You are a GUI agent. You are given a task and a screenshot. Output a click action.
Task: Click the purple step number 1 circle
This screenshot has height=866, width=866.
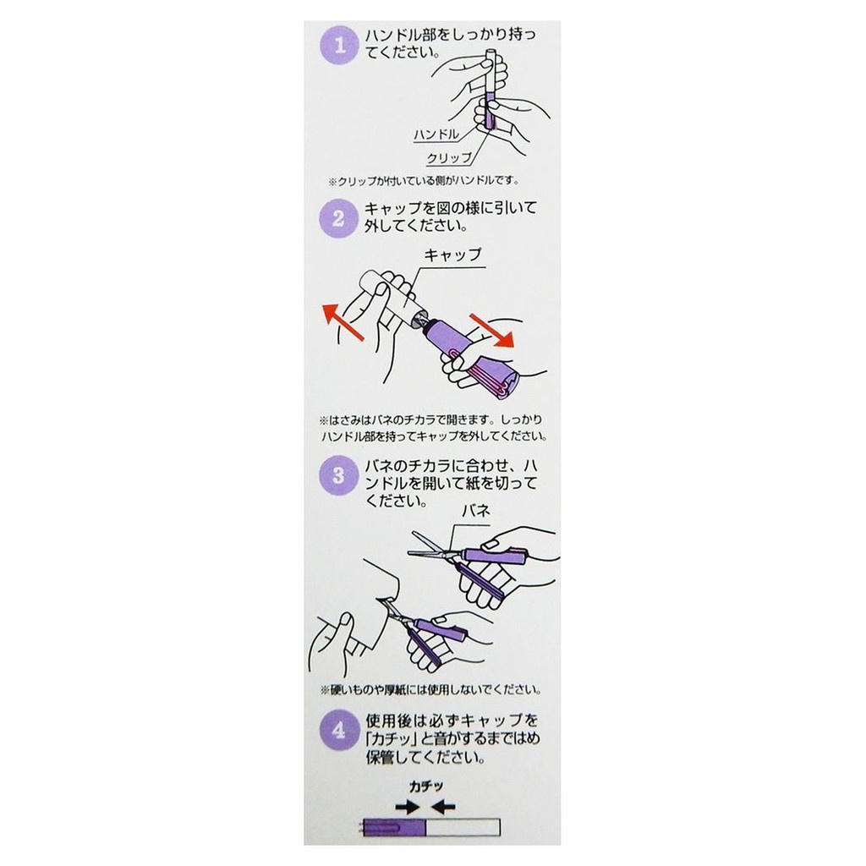(x=340, y=45)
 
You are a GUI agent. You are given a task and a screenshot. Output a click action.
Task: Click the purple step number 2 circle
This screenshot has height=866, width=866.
(x=339, y=217)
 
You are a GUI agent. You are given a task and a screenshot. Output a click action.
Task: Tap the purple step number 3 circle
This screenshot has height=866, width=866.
(x=339, y=475)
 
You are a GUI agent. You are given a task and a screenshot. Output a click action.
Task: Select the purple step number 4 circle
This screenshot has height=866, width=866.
(x=339, y=730)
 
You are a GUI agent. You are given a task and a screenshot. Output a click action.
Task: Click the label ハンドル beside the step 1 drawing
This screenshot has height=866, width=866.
(x=436, y=134)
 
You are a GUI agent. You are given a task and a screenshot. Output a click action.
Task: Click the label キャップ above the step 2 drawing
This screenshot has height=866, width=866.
(x=453, y=255)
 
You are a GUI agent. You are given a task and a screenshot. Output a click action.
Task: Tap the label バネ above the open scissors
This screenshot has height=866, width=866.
(x=476, y=510)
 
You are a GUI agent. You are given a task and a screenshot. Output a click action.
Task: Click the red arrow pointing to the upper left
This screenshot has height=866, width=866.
(x=343, y=321)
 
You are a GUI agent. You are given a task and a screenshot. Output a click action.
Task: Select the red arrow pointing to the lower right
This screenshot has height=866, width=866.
(x=491, y=331)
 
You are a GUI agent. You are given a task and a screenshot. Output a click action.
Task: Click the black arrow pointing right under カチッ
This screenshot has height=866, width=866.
(x=408, y=807)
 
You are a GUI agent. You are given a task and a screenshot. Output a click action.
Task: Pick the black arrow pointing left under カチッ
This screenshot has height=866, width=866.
(x=443, y=807)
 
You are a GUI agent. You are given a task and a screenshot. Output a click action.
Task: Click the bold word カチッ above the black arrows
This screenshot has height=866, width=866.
(x=426, y=787)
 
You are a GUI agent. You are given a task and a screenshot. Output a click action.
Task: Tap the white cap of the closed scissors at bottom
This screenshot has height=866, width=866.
(x=463, y=827)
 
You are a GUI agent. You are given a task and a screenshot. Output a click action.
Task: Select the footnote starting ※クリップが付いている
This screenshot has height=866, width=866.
(x=424, y=181)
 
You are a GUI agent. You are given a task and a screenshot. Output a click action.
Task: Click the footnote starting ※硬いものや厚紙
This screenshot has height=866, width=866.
(x=430, y=689)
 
